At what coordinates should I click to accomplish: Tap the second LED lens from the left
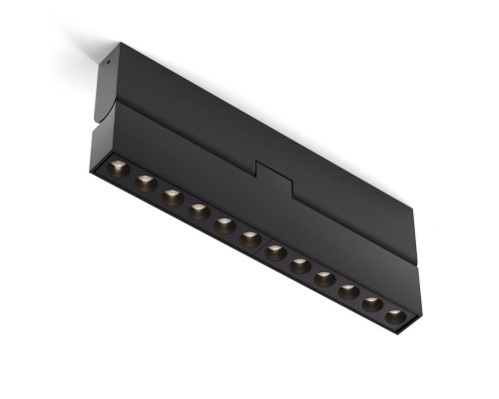tap(145, 182)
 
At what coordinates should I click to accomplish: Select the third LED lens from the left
tap(172, 196)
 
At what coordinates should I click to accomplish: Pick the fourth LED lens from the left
tap(199, 209)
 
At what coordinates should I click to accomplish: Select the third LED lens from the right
tap(349, 290)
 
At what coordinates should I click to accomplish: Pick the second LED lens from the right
tap(373, 303)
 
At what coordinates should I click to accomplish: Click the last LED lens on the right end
tap(396, 316)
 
